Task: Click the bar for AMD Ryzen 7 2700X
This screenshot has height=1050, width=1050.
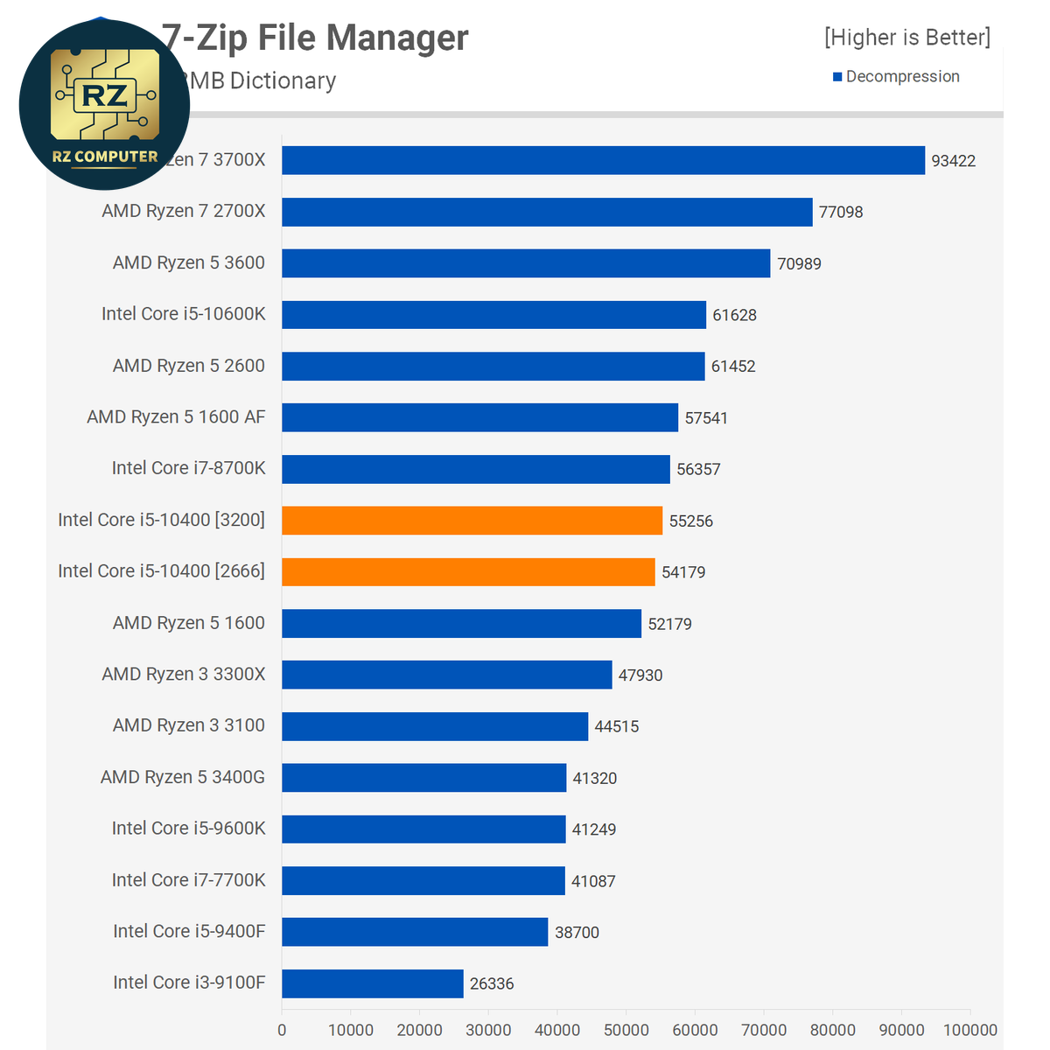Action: pyautogui.click(x=547, y=212)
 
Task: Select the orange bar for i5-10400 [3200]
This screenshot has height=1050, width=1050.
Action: pyautogui.click(x=472, y=521)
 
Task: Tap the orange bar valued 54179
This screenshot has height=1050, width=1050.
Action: pyautogui.click(x=468, y=572)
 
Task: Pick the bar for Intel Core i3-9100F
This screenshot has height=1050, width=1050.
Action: pyautogui.click(x=373, y=983)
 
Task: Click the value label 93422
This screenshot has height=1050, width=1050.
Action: pyautogui.click(x=953, y=161)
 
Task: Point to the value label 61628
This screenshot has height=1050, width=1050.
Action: pyautogui.click(x=734, y=315)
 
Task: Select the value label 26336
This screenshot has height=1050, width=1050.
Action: pyautogui.click(x=492, y=983)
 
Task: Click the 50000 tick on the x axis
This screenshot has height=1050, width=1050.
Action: pyautogui.click(x=626, y=1030)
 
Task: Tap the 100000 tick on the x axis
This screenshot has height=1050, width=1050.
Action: pyautogui.click(x=970, y=1030)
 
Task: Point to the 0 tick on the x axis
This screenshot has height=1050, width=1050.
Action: pyautogui.click(x=282, y=1030)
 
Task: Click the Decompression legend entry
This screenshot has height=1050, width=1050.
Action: pyautogui.click(x=901, y=77)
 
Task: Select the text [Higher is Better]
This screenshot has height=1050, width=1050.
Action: pyautogui.click(x=907, y=38)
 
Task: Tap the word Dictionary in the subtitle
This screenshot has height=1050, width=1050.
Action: pyautogui.click(x=283, y=80)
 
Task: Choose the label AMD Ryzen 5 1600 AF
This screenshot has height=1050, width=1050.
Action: pyautogui.click(x=176, y=417)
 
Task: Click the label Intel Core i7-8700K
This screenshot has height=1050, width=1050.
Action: pyautogui.click(x=188, y=468)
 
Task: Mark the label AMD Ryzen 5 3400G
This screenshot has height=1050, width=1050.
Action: pyautogui.click(x=182, y=777)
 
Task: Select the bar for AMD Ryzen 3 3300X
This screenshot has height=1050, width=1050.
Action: pyautogui.click(x=446, y=675)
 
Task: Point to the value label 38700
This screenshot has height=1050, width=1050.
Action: pyautogui.click(x=577, y=933)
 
